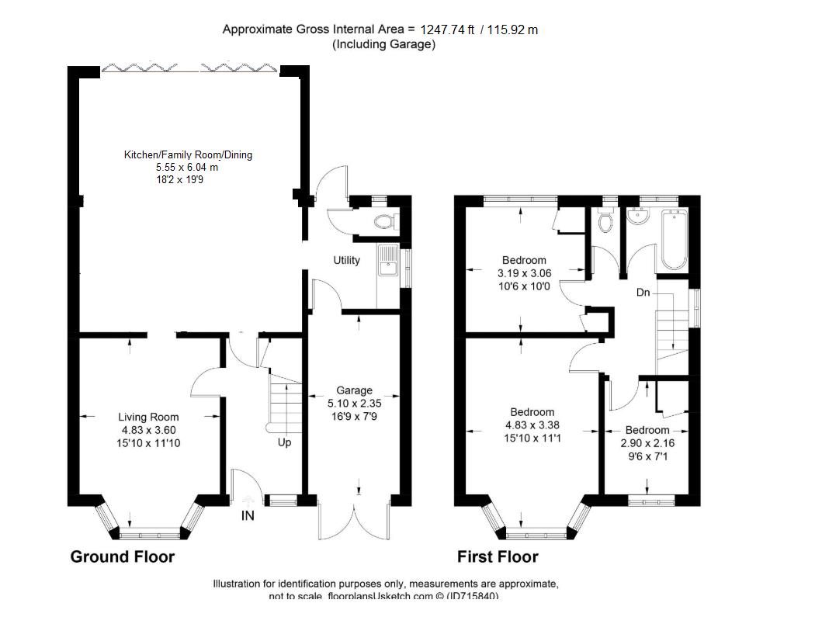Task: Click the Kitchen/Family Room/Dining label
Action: [x=188, y=155]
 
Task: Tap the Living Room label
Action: [x=148, y=417]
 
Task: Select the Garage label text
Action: [x=354, y=390]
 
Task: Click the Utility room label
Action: [x=346, y=260]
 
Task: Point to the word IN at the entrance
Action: [x=248, y=515]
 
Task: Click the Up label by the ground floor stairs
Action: [x=284, y=444]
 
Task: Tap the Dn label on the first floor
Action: [x=643, y=293]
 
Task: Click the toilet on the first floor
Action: [x=606, y=224]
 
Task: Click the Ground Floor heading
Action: [x=123, y=556]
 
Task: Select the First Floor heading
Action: [x=498, y=556]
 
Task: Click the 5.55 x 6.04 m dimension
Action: [x=187, y=167]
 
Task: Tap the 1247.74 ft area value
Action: [x=446, y=30]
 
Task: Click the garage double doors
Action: [x=353, y=520]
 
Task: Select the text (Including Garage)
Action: [x=383, y=44]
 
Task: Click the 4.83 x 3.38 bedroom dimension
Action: [x=532, y=425]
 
